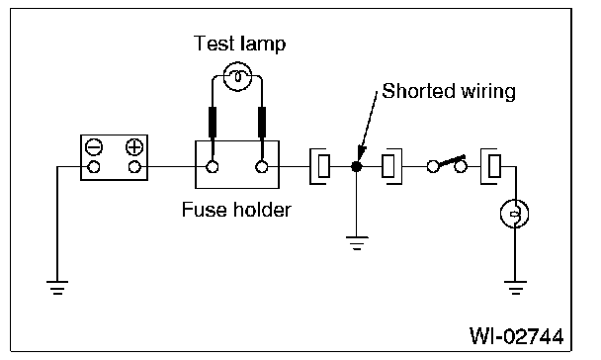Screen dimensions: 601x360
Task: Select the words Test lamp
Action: pyautogui.click(x=240, y=44)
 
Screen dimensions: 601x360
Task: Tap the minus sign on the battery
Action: pyautogui.click(x=94, y=147)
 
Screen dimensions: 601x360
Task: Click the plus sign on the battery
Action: pyautogui.click(x=134, y=147)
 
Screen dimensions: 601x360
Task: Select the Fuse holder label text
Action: pyautogui.click(x=236, y=210)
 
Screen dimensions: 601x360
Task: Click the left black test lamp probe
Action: pyautogui.click(x=213, y=122)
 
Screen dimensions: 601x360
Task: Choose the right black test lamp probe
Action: pyautogui.click(x=262, y=122)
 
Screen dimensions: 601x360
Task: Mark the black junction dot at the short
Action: pyautogui.click(x=357, y=167)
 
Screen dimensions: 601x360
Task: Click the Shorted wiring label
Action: pyautogui.click(x=449, y=92)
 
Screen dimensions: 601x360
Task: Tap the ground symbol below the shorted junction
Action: pyautogui.click(x=357, y=242)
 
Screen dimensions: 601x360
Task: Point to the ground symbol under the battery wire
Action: pyautogui.click(x=57, y=288)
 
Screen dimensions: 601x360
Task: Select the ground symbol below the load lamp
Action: pyautogui.click(x=515, y=288)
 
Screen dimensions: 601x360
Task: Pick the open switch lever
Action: pyautogui.click(x=452, y=161)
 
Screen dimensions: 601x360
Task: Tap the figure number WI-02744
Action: pyautogui.click(x=517, y=336)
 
